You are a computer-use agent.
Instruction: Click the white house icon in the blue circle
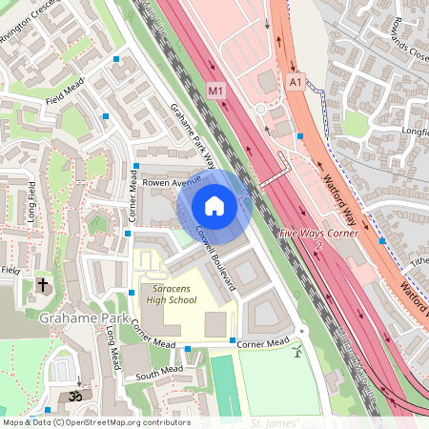click(214, 205)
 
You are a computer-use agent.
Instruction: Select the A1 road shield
click(296, 84)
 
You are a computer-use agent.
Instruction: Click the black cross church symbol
click(42, 285)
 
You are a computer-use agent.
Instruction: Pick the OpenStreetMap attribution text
click(95, 422)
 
